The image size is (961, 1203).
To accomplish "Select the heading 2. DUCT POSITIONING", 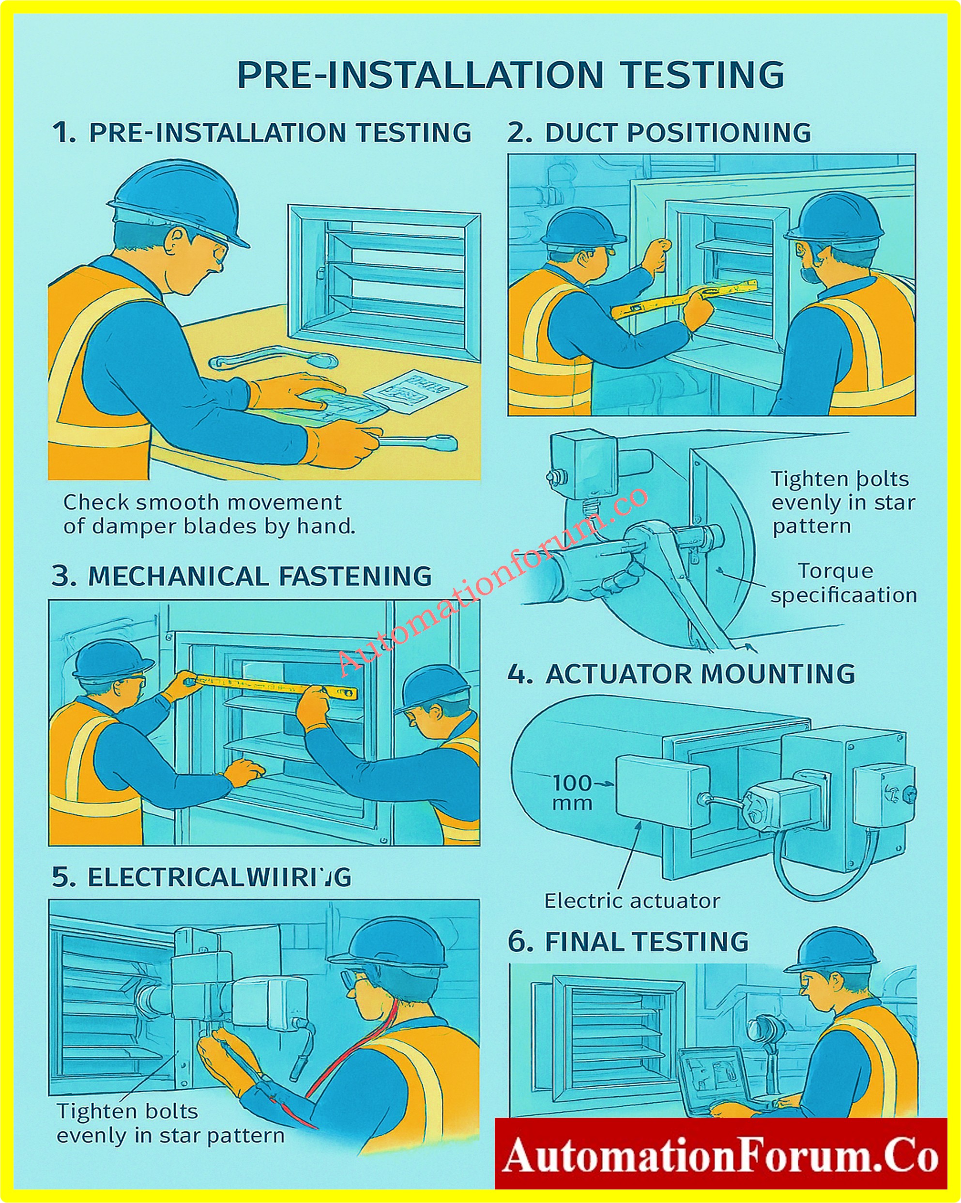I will [x=658, y=133].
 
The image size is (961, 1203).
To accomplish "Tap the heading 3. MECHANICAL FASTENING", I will [x=242, y=577].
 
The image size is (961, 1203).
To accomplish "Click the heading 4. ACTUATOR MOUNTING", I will [x=681, y=674].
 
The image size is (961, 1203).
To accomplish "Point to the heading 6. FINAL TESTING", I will [x=628, y=942].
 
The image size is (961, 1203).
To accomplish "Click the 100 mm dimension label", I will [x=572, y=792].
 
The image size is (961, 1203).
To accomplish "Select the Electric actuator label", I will [x=632, y=900].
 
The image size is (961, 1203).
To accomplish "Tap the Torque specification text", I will [x=843, y=583].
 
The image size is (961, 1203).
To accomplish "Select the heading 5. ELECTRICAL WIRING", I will [x=201, y=878].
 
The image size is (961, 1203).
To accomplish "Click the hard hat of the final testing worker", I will [x=832, y=948].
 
